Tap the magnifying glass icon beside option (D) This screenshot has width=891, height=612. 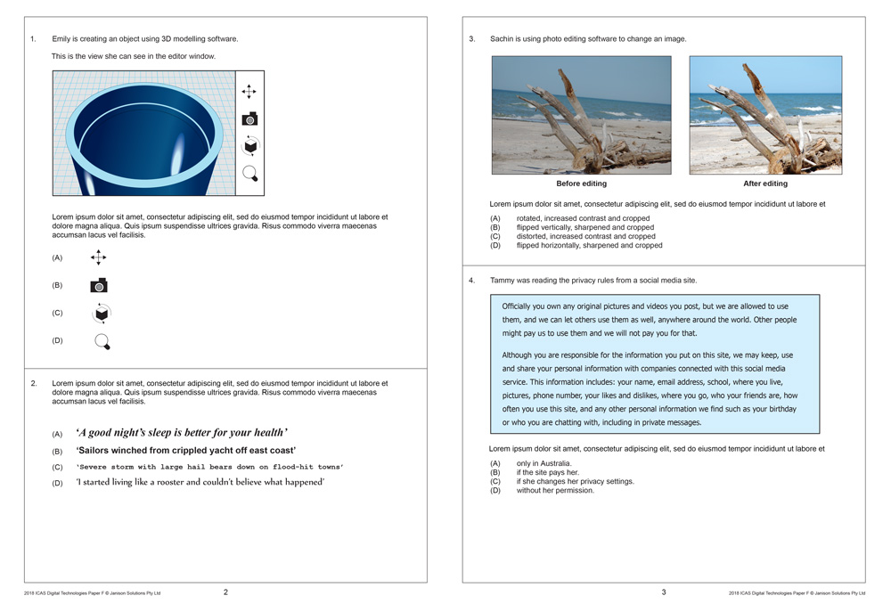point(102,341)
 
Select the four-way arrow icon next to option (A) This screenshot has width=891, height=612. point(99,257)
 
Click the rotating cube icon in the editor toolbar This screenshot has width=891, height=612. point(250,146)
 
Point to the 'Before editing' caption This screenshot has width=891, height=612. point(581,184)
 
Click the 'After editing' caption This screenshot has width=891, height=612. point(765,184)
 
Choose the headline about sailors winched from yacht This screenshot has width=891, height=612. point(185,451)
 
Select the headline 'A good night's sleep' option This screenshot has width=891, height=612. point(182,433)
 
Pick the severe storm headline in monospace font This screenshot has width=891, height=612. point(209,467)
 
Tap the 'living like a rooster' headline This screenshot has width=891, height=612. point(200,483)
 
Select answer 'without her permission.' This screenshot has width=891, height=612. point(554,490)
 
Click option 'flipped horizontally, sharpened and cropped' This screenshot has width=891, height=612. point(589,245)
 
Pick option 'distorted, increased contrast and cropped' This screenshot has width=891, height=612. point(585,236)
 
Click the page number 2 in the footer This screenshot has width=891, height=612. point(225,592)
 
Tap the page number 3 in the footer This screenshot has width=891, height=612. point(663,592)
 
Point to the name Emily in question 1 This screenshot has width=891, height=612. point(61,39)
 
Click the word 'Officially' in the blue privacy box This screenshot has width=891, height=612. point(519,306)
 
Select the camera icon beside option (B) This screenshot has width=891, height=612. point(99,286)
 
